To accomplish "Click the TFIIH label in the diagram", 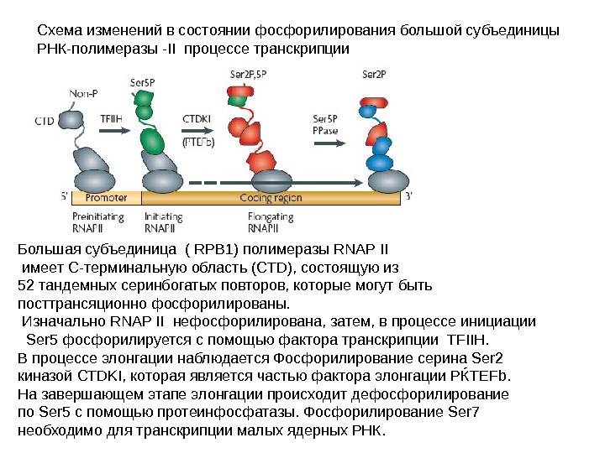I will (x=112, y=118).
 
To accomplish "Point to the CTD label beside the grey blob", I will (x=45, y=121).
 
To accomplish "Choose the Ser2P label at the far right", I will (x=374, y=73).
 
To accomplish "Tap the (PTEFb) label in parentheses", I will (x=199, y=142).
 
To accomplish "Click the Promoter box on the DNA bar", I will (x=107, y=198).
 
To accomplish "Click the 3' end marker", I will (x=409, y=197).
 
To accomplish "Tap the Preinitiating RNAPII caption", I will (x=98, y=221).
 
